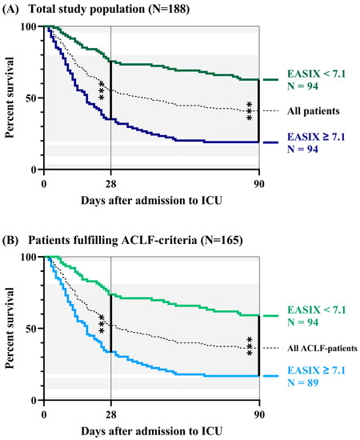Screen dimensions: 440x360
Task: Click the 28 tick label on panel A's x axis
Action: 110,182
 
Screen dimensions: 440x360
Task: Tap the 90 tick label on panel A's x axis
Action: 258,182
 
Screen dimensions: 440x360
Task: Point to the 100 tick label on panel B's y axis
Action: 30,257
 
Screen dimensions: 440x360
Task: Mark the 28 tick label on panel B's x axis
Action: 110,412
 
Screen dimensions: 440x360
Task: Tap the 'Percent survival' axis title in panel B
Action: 10,328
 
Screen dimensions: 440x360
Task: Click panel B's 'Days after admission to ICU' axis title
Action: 152,429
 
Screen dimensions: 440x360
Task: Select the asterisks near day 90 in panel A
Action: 250,111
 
